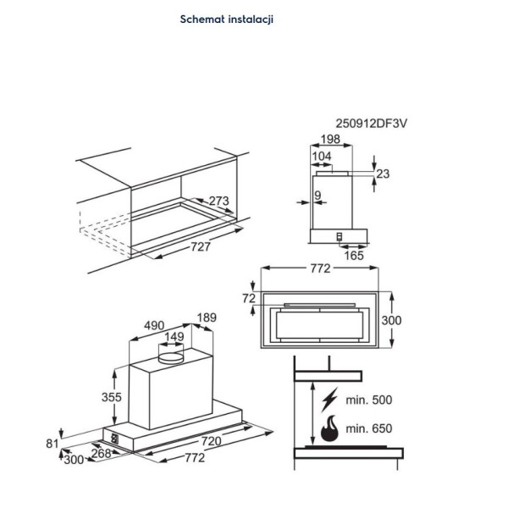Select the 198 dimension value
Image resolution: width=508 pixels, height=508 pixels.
330,140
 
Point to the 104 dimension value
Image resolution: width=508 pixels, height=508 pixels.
322,157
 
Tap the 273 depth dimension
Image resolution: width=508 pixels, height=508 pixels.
218,202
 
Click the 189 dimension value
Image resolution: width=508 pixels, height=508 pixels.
206,317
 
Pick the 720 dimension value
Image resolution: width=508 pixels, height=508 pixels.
212,442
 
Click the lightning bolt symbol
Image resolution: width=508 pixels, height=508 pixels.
331,398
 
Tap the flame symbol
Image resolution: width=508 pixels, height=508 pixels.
329,429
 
